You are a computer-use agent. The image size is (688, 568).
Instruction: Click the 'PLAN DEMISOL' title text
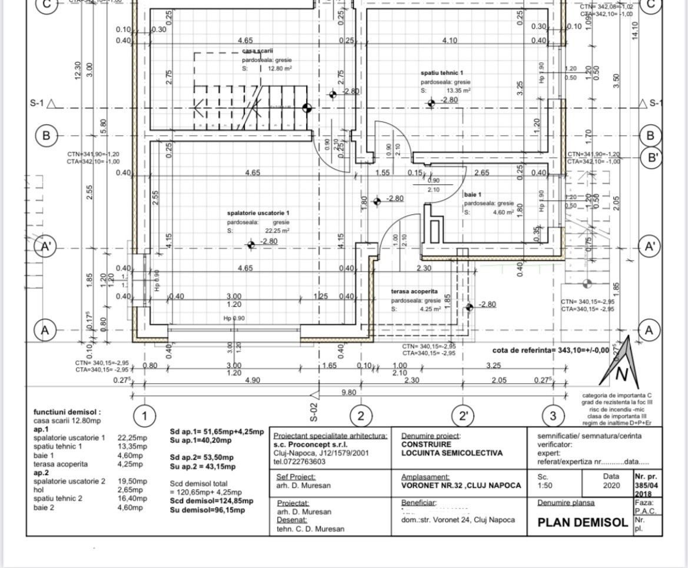tap(583, 522)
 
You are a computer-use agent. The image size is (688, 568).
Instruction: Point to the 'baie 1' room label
tap(473, 194)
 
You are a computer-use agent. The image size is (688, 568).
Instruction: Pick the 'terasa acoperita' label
tap(414, 291)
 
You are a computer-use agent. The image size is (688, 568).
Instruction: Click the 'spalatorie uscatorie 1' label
tap(258, 212)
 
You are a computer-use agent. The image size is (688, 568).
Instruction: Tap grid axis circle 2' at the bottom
tap(464, 416)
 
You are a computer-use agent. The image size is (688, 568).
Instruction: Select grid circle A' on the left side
tap(46, 247)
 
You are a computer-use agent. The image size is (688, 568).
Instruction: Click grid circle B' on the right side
tap(650, 158)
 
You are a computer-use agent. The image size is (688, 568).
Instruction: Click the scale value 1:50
tap(546, 486)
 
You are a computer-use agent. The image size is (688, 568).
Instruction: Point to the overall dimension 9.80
tap(349, 391)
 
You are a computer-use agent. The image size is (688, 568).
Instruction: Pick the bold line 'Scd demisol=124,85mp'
tap(211, 501)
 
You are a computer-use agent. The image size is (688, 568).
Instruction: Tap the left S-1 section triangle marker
tap(51, 104)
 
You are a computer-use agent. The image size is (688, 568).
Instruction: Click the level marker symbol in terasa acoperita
tap(469, 307)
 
